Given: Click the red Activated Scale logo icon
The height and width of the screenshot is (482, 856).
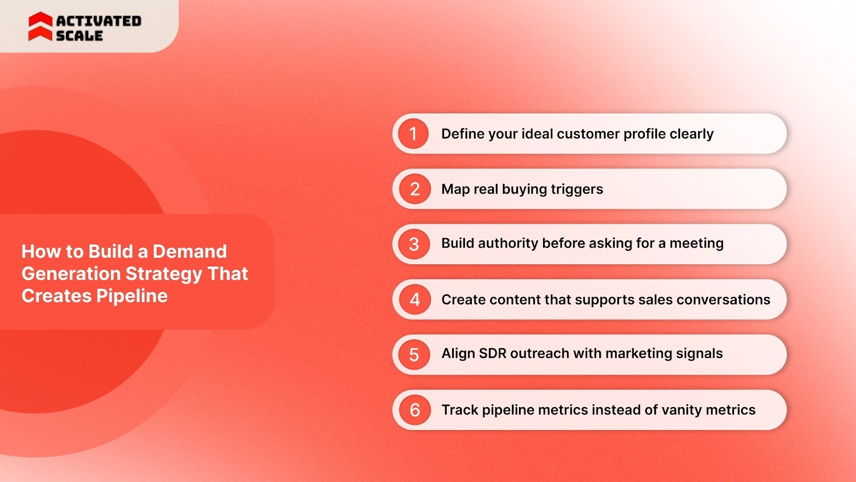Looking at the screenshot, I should click(x=40, y=27).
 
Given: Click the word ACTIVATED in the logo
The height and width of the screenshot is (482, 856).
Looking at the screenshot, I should click(x=99, y=21).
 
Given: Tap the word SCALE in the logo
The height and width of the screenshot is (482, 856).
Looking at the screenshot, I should click(x=79, y=36).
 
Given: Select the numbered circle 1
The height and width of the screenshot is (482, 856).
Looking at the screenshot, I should click(x=413, y=134).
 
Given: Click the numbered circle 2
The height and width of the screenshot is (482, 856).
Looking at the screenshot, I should click(x=415, y=189).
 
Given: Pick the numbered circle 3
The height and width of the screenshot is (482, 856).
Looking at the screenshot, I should click(x=414, y=244).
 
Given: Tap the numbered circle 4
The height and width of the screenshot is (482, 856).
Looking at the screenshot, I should click(x=415, y=300).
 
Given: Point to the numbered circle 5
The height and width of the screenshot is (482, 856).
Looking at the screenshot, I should click(x=414, y=355).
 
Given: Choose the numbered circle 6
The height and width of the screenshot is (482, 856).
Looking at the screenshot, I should click(x=415, y=410).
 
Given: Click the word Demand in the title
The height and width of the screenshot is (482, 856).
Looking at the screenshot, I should click(x=189, y=251).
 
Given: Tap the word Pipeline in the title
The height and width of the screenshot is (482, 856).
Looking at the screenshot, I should click(x=132, y=296).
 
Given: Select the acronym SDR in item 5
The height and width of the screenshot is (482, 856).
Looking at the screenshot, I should click(x=493, y=354).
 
